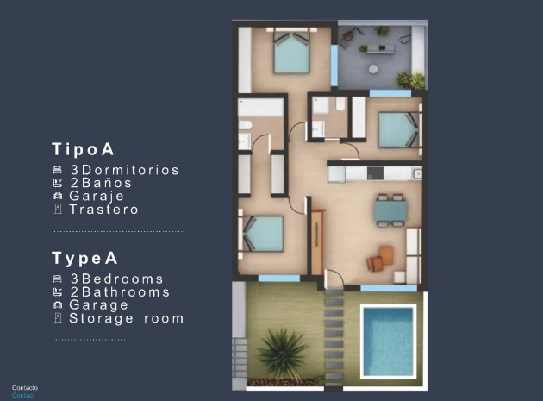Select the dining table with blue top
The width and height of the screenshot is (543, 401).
(x=391, y=210)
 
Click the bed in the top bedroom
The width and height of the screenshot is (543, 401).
(x=291, y=53)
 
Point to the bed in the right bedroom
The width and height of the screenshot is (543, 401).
(x=398, y=130)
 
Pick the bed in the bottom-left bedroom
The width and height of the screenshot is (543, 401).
(x=264, y=232)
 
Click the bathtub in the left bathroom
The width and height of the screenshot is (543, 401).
(x=260, y=109)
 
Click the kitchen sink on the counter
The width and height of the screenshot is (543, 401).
(x=416, y=173)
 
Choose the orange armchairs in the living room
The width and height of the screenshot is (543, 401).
(x=380, y=258)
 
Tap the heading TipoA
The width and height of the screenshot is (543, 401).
(x=84, y=148)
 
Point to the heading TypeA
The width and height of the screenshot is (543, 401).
(x=84, y=258)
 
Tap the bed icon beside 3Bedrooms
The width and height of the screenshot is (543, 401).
(x=58, y=279)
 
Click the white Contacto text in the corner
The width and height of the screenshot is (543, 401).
(x=24, y=388)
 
